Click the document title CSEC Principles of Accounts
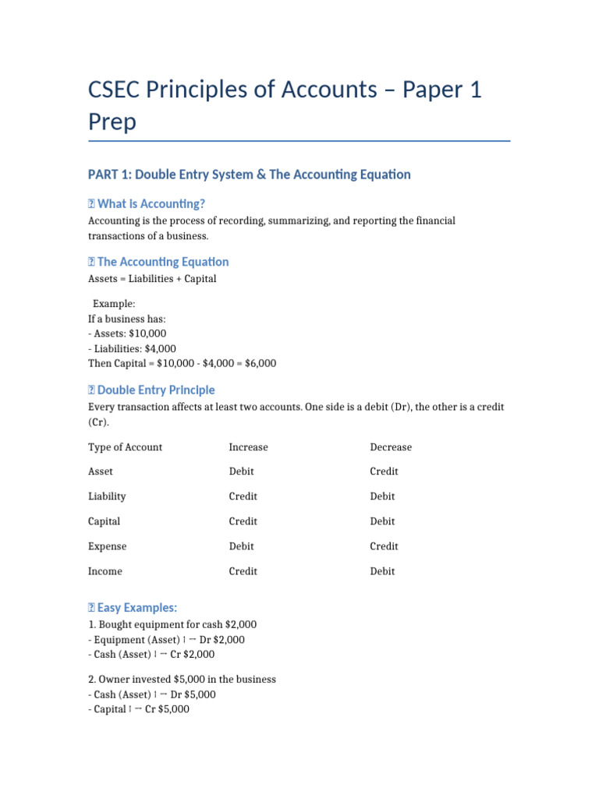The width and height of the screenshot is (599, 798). click(285, 90)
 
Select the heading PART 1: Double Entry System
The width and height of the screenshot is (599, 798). click(249, 175)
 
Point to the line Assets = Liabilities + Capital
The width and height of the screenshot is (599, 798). click(152, 279)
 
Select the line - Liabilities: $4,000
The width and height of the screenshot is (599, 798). click(132, 348)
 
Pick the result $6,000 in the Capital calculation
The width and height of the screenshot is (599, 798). click(260, 364)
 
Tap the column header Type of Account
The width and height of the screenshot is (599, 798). click(125, 447)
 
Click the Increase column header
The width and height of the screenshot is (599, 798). click(248, 447)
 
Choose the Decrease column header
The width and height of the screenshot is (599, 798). click(391, 447)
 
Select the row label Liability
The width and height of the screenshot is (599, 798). click(107, 496)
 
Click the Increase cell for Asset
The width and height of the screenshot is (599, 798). click(241, 471)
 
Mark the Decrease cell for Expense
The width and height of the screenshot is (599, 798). click(384, 546)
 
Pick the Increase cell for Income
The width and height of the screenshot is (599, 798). click(243, 571)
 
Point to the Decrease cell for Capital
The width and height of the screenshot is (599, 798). click(382, 521)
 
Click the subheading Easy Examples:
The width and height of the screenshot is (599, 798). click(136, 608)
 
